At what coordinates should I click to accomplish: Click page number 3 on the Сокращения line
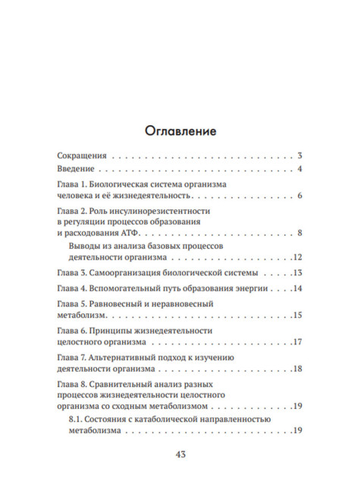click(x=300, y=154)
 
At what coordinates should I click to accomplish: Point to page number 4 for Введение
click(x=300, y=168)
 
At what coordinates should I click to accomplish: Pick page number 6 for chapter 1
click(x=300, y=196)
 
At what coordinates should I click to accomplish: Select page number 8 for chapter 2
click(x=300, y=233)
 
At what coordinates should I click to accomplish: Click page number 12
click(x=298, y=258)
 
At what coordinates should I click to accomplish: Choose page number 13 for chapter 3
click(x=298, y=273)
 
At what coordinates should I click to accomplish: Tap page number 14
click(x=298, y=289)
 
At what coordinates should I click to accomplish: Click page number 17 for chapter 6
click(x=298, y=342)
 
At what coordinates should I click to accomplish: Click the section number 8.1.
click(x=77, y=419)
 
